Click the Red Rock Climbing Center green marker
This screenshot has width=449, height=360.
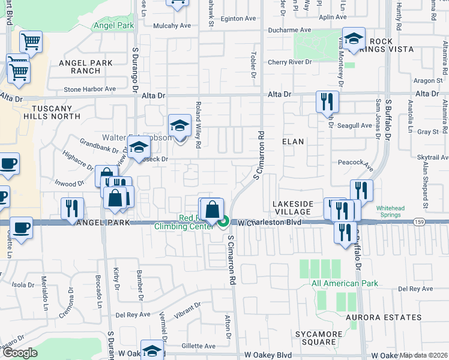[x=223, y=223]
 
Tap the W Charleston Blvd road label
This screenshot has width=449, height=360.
[x=269, y=223]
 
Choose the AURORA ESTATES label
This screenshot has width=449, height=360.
[x=384, y=317]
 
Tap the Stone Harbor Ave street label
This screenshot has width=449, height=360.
[x=89, y=89]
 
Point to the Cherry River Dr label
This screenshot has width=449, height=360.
[x=290, y=62]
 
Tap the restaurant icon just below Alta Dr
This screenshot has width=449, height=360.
[x=327, y=101]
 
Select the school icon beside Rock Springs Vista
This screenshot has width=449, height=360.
[x=354, y=39]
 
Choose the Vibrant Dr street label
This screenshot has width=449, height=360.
[x=188, y=308]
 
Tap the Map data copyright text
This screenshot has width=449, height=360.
[x=424, y=355]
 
